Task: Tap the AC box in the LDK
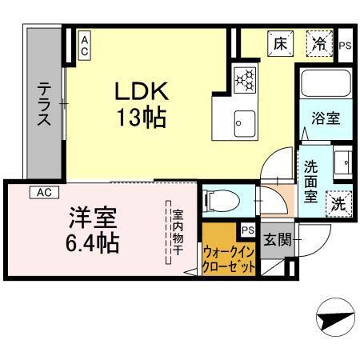click(84, 45)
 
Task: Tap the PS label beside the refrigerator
click(345, 46)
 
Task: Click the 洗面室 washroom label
click(312, 179)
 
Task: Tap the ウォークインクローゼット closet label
click(230, 259)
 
